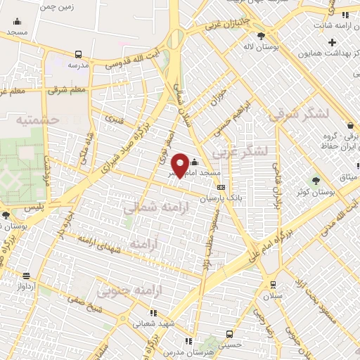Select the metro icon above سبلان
coord(273,285)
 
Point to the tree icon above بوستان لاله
coord(261,36)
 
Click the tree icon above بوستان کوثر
coord(315,181)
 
